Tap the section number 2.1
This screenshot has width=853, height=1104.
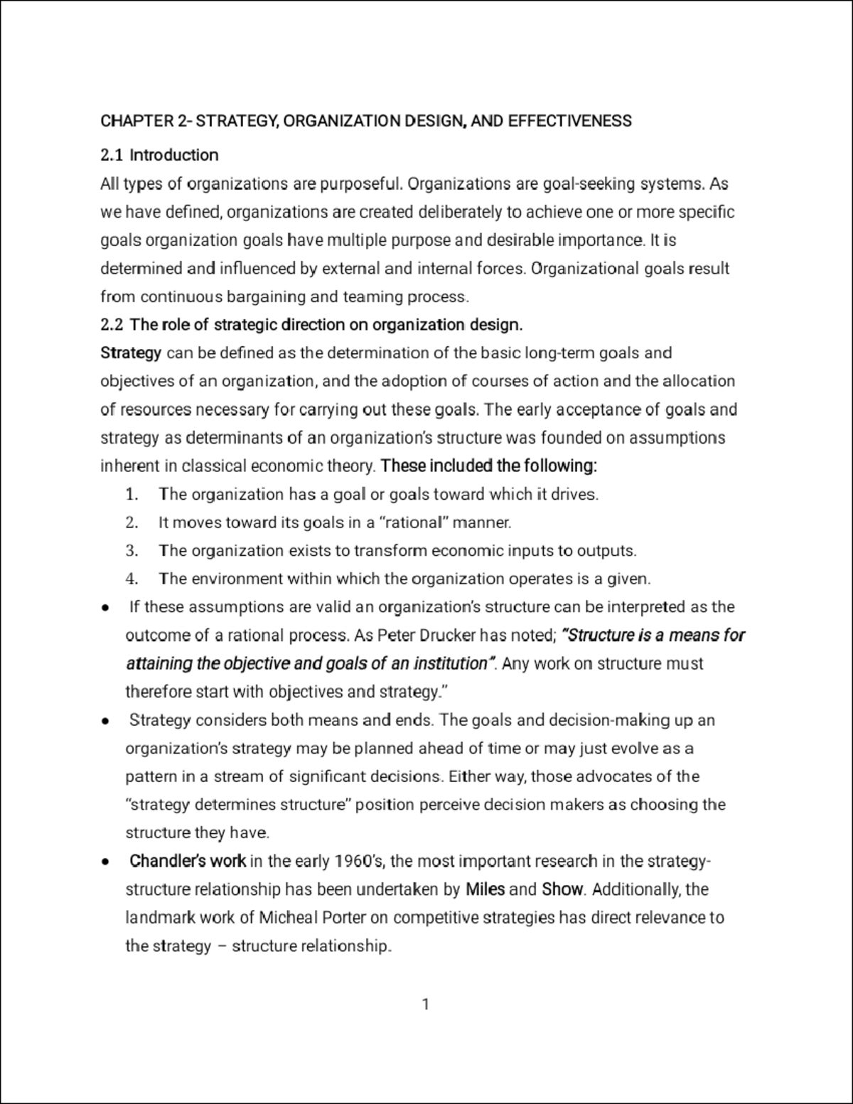click(x=112, y=155)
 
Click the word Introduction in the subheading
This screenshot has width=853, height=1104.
click(x=174, y=155)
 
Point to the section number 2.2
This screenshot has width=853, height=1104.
click(x=112, y=325)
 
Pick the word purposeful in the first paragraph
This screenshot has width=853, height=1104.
click(x=361, y=184)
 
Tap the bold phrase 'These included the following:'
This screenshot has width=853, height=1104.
click(x=489, y=466)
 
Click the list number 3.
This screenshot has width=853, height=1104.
click(x=131, y=551)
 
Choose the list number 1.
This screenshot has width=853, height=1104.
click(x=131, y=494)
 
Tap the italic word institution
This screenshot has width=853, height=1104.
click(x=451, y=663)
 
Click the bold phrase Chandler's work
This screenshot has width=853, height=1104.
click(x=188, y=862)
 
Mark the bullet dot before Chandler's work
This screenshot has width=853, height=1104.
click(x=105, y=862)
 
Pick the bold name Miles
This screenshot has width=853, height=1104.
click(x=485, y=889)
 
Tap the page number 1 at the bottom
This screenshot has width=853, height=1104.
click(x=425, y=1004)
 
